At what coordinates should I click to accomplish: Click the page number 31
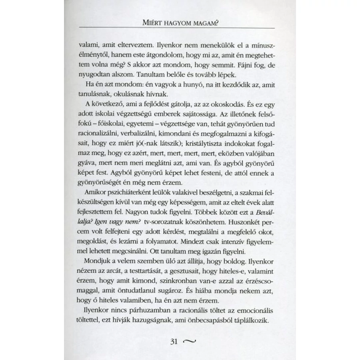(174, 341)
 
